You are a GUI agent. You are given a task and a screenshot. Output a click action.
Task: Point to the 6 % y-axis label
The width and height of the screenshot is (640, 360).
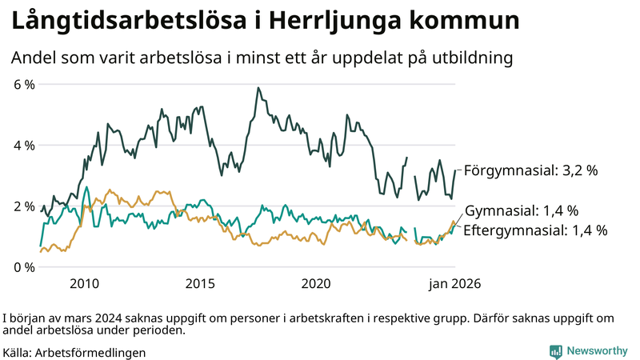point(24,84)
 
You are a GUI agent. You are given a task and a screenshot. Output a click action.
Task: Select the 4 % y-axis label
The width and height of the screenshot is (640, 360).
point(24,146)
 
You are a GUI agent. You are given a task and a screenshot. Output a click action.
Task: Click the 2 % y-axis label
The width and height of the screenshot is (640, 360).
point(24,206)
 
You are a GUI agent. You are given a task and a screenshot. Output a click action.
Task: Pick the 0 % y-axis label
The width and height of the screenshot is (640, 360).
point(24,267)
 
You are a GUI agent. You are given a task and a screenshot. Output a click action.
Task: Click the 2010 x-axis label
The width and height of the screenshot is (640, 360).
point(84,283)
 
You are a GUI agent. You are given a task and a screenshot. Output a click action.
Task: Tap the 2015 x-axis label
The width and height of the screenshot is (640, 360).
point(200,283)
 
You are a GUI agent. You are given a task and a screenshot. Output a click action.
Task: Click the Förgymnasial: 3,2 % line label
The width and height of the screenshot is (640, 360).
point(530,170)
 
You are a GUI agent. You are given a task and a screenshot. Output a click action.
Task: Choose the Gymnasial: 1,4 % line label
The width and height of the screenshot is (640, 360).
point(521,211)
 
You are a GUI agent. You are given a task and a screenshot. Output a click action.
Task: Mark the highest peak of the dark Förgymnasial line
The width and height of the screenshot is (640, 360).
point(258,88)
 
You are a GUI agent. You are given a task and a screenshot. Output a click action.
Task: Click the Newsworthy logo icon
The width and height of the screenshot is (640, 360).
point(555,351)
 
